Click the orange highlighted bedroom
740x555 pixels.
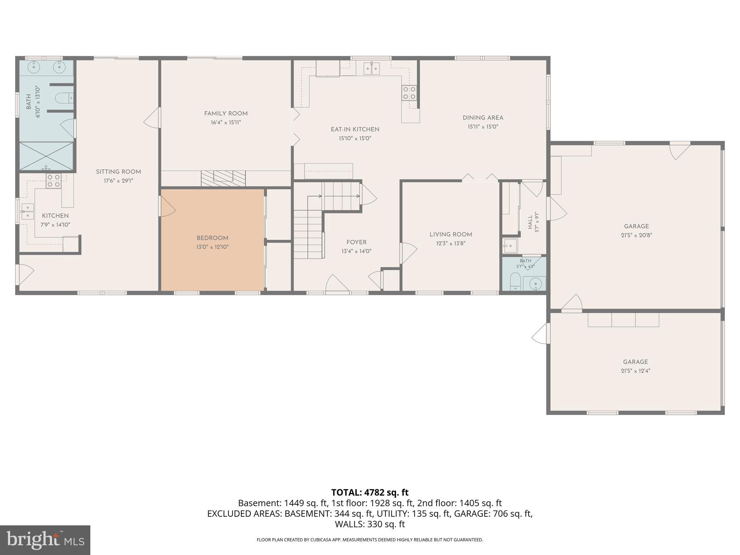click(212, 240)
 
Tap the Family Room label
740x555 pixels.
click(226, 113)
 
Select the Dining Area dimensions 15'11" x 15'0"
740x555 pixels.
click(483, 127)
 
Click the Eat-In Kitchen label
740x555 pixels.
click(355, 129)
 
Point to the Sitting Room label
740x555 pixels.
click(118, 172)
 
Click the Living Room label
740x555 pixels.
click(451, 235)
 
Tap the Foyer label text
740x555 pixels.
click(356, 242)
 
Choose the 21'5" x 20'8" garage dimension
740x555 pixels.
click(636, 235)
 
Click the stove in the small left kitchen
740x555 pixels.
click(53, 181)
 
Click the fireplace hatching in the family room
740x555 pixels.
click(223, 178)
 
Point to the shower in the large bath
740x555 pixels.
click(46, 156)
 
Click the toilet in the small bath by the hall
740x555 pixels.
click(515, 282)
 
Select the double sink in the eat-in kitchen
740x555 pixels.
click(371, 68)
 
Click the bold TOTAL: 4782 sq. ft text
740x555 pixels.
click(370, 492)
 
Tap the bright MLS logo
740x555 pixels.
click(45, 540)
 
